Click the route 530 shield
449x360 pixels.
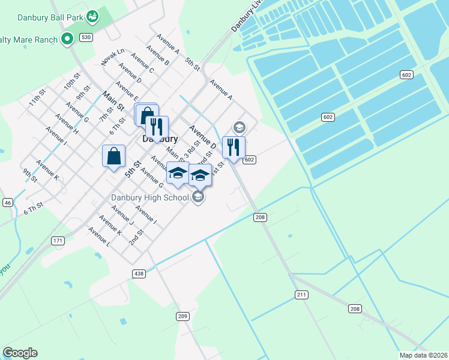coord(86,37)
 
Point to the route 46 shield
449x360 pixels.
coord(8,203)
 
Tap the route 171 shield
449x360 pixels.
coord(58,241)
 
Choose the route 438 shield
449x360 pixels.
coord(139,274)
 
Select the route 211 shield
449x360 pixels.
coord(301,294)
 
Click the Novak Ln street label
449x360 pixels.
coord(112,57)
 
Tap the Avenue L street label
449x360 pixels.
coord(99,238)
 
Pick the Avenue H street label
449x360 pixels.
coord(66,122)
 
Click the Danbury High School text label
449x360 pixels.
coord(149,197)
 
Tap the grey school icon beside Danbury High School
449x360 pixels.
coord(198,197)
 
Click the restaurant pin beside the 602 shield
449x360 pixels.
coord(234,147)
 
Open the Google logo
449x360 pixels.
coord(20,353)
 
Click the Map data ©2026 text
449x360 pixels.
coord(423,355)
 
